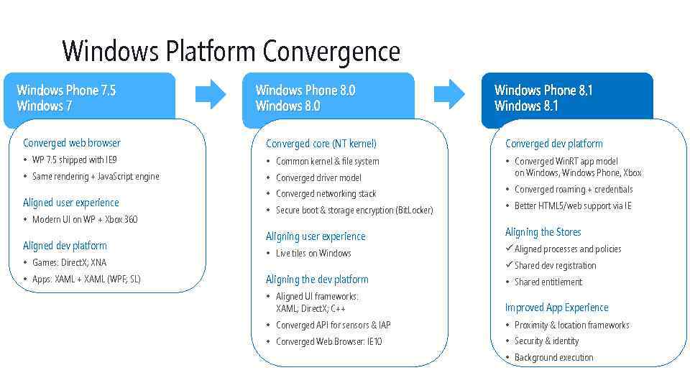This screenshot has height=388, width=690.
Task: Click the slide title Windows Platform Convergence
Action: (x=231, y=52)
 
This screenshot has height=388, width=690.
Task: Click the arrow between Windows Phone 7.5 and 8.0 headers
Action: (x=211, y=94)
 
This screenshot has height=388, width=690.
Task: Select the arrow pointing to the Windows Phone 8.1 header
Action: (x=450, y=94)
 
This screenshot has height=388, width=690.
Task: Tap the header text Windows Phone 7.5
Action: (x=66, y=91)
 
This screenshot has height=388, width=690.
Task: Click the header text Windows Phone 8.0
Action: (x=305, y=91)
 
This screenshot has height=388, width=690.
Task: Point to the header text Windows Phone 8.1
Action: (x=543, y=91)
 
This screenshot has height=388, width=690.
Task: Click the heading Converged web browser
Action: (x=72, y=143)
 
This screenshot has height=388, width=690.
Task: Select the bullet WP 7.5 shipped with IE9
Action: (x=75, y=160)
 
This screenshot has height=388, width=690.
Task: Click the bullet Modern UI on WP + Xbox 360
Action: (x=84, y=219)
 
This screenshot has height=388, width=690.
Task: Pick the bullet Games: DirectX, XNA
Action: (x=69, y=262)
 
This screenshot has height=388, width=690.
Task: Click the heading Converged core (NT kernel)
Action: (x=321, y=144)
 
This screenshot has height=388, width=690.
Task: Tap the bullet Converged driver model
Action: (x=318, y=177)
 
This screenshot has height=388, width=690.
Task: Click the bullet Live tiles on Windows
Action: (x=313, y=253)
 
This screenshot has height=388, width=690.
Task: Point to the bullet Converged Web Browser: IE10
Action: (x=328, y=341)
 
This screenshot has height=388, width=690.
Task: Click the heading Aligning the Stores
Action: (x=543, y=232)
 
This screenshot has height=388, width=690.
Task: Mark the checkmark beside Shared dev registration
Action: (x=509, y=265)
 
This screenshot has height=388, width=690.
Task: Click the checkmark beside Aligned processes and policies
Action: (x=509, y=249)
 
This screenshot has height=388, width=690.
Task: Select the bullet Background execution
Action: (x=553, y=357)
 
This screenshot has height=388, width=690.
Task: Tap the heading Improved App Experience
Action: (x=556, y=308)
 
